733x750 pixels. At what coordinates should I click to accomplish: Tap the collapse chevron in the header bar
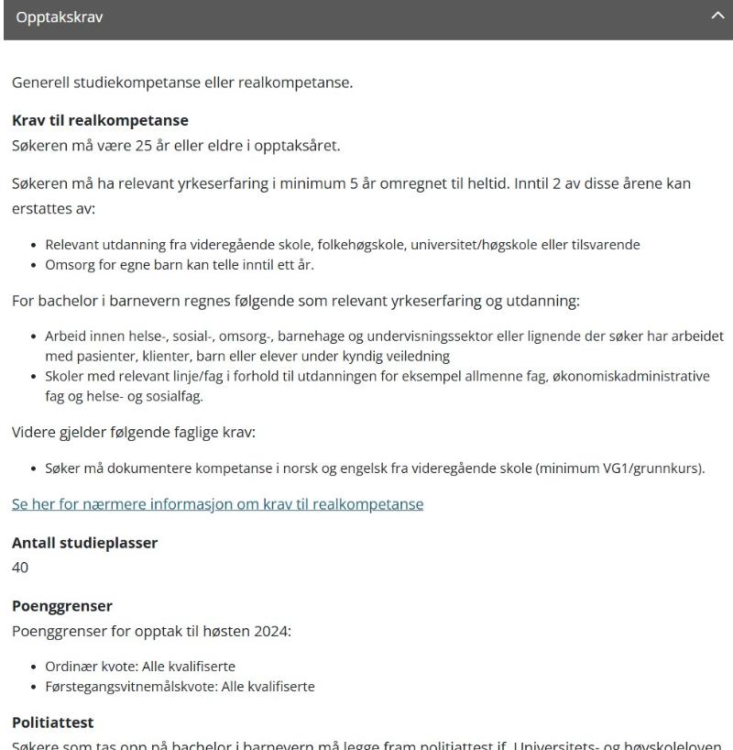[717, 19]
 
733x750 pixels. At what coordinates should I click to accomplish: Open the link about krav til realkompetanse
[217, 503]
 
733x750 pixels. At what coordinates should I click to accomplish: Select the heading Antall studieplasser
[84, 542]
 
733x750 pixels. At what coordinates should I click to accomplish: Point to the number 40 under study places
[20, 568]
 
